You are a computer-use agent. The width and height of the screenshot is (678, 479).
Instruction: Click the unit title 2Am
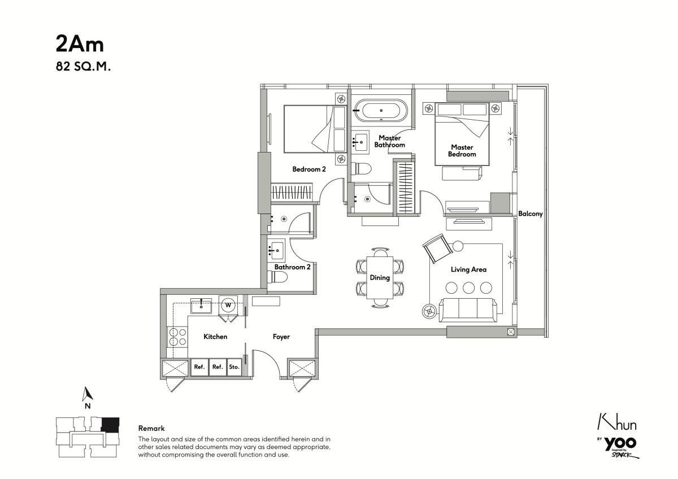point(80,43)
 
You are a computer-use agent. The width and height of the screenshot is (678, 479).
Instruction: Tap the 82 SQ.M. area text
point(82,67)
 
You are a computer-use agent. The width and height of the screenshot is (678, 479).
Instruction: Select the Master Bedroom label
point(462,151)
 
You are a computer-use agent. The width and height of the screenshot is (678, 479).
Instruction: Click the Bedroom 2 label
point(308,169)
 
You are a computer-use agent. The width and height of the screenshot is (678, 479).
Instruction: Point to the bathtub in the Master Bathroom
point(380,110)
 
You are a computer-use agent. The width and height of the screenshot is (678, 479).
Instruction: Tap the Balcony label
point(531,214)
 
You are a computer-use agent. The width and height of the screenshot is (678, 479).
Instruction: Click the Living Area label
point(468,269)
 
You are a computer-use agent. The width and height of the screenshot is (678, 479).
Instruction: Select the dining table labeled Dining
point(380,277)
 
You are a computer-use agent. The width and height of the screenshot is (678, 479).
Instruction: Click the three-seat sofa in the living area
point(468,309)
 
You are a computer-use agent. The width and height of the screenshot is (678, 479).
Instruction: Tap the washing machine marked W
point(228,305)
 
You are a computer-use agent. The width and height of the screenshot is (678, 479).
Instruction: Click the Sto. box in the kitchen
point(234,367)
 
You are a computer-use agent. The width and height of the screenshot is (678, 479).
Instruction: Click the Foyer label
point(281,337)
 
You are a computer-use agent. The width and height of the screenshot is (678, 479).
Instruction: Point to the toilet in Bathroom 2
point(279,277)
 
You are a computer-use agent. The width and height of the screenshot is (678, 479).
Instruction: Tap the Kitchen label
point(215,337)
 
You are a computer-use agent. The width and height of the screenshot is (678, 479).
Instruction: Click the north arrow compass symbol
point(87,395)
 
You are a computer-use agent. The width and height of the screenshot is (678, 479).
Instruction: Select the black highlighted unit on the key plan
point(110,424)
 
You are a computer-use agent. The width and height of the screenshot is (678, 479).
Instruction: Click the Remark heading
point(151,429)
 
